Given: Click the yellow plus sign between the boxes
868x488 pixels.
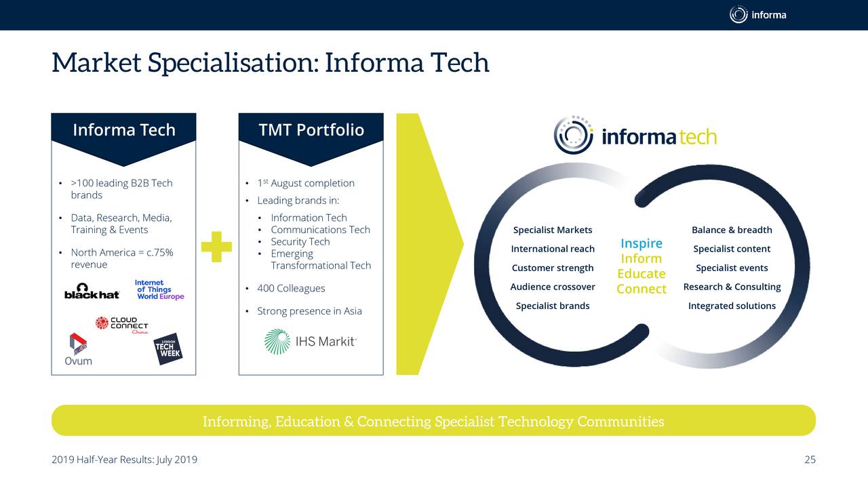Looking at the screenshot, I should [216, 247].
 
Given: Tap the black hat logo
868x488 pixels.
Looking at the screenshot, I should [92, 291].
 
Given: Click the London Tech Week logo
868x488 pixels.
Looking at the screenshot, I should [167, 348].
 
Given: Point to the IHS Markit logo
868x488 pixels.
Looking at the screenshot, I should [310, 342].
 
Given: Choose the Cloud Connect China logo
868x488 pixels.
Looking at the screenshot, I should [122, 325].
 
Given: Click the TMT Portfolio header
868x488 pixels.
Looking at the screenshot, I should [311, 130].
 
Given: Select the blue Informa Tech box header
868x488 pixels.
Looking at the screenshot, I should [123, 130].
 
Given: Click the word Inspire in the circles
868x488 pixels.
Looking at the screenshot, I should [641, 243].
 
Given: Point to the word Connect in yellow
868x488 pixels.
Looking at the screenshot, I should [642, 289].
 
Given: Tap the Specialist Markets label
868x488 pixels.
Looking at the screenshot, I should [553, 230].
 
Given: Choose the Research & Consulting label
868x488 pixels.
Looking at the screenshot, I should [732, 287].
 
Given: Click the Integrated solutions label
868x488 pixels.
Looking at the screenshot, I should [732, 306].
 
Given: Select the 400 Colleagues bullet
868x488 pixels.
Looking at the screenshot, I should [291, 289].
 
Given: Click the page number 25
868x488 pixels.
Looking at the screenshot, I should [810, 460].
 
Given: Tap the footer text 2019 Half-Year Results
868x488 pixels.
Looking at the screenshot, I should [124, 460].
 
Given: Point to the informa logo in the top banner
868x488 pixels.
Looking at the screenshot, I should [757, 14].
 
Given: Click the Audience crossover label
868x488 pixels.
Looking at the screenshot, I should [553, 287].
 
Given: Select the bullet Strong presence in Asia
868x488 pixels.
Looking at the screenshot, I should [309, 312].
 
